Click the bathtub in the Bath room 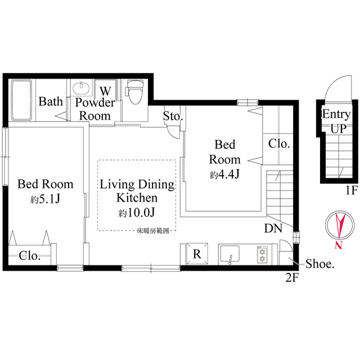[22, 100]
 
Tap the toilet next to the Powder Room [134, 92]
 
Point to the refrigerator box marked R [196, 254]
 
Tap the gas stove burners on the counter [262, 254]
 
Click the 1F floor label [351, 190]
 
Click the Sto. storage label [173, 116]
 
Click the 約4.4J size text [225, 174]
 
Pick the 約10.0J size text [137, 213]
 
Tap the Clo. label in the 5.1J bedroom [29, 256]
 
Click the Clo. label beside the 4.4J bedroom [279, 143]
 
